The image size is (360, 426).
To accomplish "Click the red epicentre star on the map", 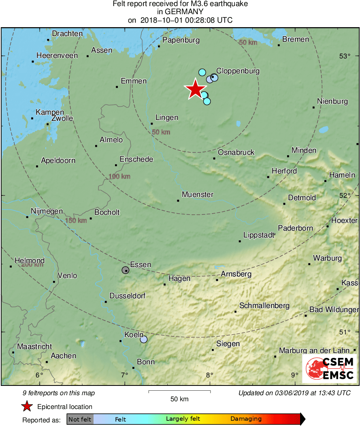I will pyautogui.click(x=195, y=89).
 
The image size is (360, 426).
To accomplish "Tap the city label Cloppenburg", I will pyautogui.click(x=238, y=71).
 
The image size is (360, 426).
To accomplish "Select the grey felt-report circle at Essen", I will pyautogui.click(x=126, y=270).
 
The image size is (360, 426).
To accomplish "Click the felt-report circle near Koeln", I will pyautogui.click(x=143, y=339).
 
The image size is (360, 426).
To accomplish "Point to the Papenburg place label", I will pyautogui.click(x=181, y=40).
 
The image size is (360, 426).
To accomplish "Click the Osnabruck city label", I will pyautogui.click(x=236, y=152).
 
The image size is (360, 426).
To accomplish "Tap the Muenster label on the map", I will pyautogui.click(x=198, y=195).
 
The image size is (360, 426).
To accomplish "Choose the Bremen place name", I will pyautogui.click(x=296, y=39).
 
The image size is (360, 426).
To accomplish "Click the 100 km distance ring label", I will pyautogui.click(x=119, y=176).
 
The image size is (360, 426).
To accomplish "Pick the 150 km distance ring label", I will pyautogui.click(x=76, y=220).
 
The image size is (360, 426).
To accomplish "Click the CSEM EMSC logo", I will pyautogui.click(x=330, y=368).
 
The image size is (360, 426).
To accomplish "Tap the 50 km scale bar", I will pyautogui.click(x=179, y=392).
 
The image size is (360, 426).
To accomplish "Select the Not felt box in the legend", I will pyautogui.click(x=80, y=419).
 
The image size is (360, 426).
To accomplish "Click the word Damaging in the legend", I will pyautogui.click(x=246, y=419).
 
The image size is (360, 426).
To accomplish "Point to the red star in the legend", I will pyautogui.click(x=27, y=406).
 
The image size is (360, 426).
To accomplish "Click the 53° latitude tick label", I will pyautogui.click(x=345, y=56).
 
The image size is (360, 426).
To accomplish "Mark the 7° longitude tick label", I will pyautogui.click(x=124, y=375).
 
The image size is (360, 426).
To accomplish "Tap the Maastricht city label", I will pyautogui.click(x=34, y=347).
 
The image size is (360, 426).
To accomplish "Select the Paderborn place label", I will pyautogui.click(x=295, y=228).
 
